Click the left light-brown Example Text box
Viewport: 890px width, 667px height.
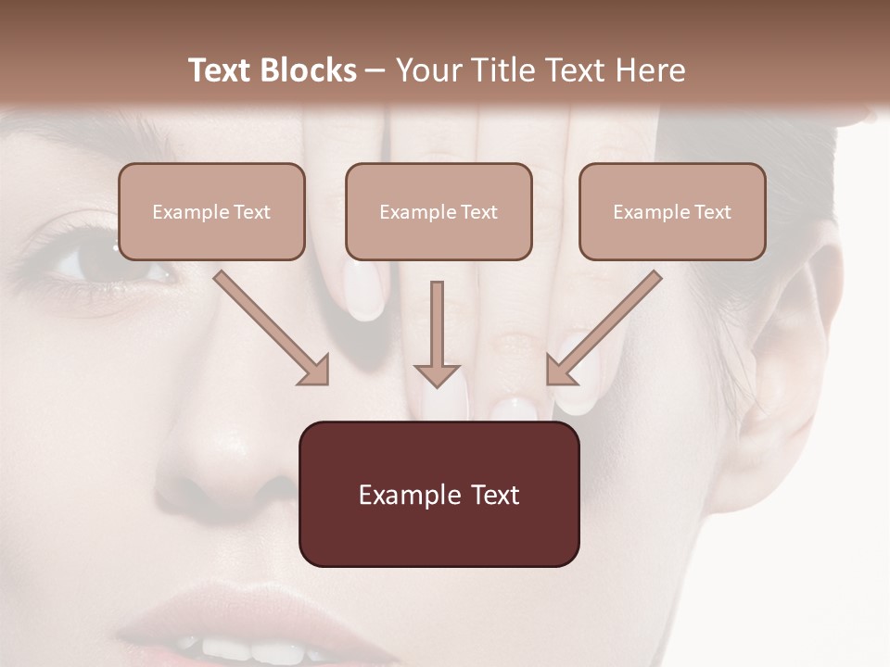pos(211,212)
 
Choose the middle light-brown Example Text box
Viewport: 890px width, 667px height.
pos(439,212)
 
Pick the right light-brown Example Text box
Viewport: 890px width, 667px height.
pos(672,212)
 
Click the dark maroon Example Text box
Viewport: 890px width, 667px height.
pos(439,495)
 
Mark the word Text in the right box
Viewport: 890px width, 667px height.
pos(713,212)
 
